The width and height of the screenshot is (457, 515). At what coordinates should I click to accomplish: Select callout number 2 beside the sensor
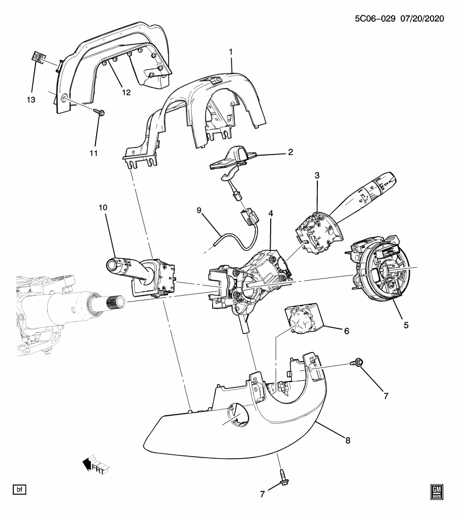[291, 152]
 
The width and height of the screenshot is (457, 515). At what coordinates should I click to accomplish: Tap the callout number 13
[32, 100]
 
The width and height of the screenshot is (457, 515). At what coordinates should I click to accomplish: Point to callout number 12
[126, 92]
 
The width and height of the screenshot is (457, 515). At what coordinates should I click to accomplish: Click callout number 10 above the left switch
[103, 207]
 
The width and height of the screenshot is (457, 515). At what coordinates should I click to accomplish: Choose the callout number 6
[346, 332]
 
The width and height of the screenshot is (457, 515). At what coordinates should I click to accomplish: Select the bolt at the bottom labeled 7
[281, 476]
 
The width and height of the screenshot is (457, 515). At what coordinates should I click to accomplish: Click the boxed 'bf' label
[19, 489]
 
